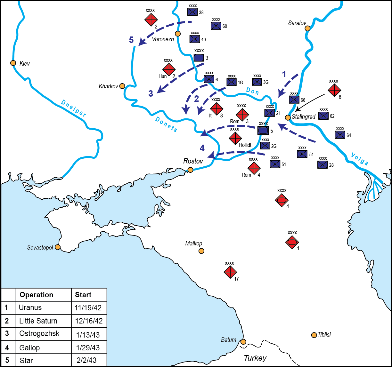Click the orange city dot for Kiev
point(13,63)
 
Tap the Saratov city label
point(297,23)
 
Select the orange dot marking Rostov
point(190,170)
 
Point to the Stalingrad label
point(304,117)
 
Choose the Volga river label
point(359,159)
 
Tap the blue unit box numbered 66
point(294,100)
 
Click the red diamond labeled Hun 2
point(168,69)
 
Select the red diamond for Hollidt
point(235,138)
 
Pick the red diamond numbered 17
point(230,272)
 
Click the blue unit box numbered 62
point(323,116)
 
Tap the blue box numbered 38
point(192,12)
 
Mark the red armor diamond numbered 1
point(292,242)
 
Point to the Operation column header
point(37,295)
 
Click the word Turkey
point(255,358)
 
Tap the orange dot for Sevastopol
point(58,247)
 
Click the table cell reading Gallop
point(29,347)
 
